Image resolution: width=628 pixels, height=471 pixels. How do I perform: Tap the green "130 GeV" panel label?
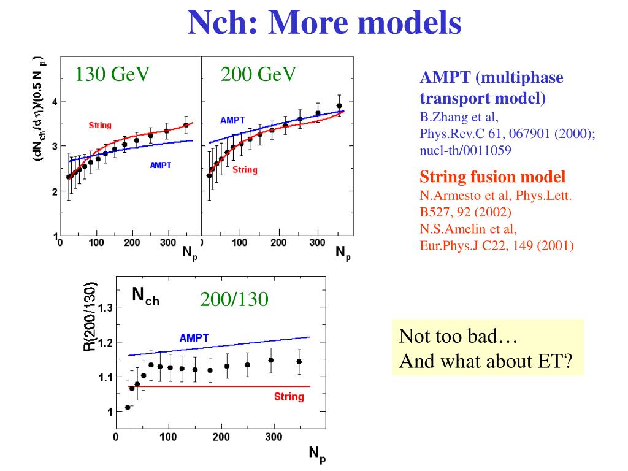pos(113,74)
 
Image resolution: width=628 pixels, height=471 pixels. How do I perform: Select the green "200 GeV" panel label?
pos(259,74)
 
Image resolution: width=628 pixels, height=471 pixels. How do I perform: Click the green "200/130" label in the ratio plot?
pos(234,300)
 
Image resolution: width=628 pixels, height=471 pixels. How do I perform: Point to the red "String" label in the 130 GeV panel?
pos(100,125)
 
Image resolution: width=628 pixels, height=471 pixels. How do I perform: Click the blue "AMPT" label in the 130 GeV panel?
pos(161,165)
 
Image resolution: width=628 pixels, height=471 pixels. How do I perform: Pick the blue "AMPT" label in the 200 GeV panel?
pos(233,120)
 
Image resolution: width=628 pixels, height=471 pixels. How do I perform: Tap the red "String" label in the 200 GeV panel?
pos(245,170)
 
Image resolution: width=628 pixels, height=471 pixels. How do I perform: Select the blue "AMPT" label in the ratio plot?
pos(194,338)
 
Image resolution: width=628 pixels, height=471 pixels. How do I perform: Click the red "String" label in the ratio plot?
pos(289,397)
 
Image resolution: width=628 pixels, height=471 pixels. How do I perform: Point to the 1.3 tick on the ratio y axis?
pos(105,308)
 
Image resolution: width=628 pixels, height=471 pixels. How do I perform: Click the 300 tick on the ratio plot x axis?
pos(274,437)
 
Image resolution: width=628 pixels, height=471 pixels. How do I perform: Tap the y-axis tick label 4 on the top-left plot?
pos(55,102)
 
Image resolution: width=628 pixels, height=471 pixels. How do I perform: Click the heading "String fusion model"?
pos(492,177)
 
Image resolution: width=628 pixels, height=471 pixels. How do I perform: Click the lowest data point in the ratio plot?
pos(128,407)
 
